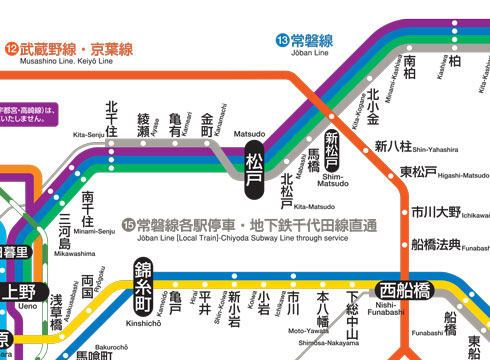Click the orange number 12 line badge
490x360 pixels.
click(11, 48)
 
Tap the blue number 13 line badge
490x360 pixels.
click(283, 40)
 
